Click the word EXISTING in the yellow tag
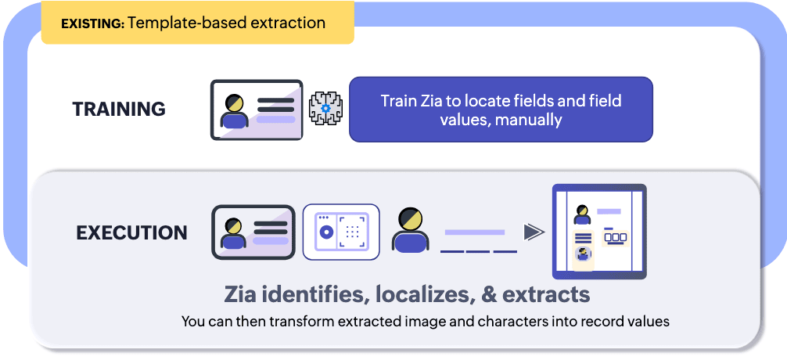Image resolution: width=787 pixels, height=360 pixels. click(92, 23)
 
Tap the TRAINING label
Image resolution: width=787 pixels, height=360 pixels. click(119, 109)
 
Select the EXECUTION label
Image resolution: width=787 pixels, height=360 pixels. click(131, 232)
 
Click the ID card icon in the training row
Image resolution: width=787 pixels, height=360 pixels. click(257, 110)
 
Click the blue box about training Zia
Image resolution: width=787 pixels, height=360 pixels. click(500, 110)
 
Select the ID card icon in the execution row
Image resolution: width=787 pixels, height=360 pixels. click(253, 232)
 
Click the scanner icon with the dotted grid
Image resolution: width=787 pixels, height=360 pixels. click(340, 232)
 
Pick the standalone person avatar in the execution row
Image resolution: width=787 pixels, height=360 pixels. click(411, 230)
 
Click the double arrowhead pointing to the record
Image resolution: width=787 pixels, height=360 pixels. click(534, 232)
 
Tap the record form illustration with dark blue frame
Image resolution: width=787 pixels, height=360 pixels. click(598, 232)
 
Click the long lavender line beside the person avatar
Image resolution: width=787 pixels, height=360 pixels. click(474, 232)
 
